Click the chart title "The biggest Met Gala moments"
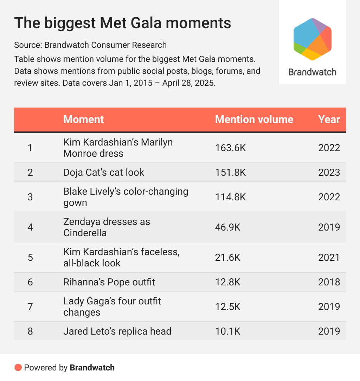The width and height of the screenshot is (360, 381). coord(122,23)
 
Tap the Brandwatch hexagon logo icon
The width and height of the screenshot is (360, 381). coord(313,39)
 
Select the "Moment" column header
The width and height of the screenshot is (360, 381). coord(84,120)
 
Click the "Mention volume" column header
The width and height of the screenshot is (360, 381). coord(254,120)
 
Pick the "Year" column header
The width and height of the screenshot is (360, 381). coord(329,120)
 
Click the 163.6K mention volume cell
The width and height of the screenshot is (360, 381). coord(230,148)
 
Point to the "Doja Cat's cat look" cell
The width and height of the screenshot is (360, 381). coord(104,172)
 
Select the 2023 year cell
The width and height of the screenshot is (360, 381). coord(329,172)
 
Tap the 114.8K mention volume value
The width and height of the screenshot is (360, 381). coord(230,197)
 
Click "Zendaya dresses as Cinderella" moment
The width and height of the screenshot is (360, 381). coord(107,227)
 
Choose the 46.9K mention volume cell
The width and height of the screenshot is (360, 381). coord(227,227)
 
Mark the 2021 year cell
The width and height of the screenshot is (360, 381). coord(329,257)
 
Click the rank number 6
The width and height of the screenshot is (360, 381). coord(30,282)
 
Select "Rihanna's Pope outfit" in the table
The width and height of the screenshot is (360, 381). coord(109,282)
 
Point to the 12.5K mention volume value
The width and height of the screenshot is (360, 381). coord(227,306)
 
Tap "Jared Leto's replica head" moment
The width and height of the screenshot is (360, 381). coord(117,331)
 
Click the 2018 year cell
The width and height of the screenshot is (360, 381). coord(329,282)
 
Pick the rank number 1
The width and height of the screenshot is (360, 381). coord(30,148)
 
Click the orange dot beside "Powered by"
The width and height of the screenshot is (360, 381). coord(18,368)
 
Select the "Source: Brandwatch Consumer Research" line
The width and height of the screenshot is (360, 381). coord(90,45)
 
